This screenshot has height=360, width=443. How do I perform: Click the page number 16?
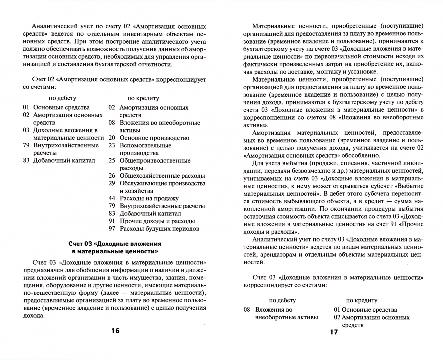[x=115, y=331]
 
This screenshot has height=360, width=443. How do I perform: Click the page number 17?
[x=334, y=332]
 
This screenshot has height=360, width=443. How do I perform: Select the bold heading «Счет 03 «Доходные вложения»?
[x=115, y=244]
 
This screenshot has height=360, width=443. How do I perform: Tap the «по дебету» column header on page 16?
[x=62, y=98]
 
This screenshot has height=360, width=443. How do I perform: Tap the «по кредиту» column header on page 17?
[x=362, y=300]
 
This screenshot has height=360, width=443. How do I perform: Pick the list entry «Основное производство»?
[x=154, y=138]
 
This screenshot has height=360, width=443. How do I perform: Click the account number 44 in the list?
[x=112, y=198]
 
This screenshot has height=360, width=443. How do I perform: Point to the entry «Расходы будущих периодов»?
[x=159, y=229]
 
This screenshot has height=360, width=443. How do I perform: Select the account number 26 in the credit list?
[x=112, y=176]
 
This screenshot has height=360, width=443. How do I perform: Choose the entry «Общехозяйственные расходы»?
[x=162, y=176]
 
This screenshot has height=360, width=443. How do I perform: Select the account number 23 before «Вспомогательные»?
[x=112, y=145]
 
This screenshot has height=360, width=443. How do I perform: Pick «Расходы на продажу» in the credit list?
[x=149, y=198]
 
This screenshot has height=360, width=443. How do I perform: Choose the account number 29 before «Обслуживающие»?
[x=112, y=183]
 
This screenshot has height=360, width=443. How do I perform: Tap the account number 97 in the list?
[x=112, y=229]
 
